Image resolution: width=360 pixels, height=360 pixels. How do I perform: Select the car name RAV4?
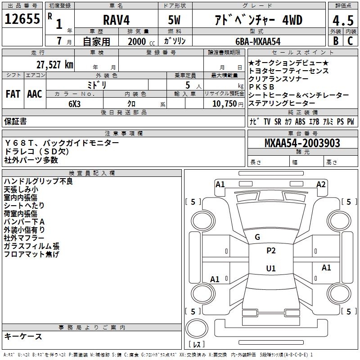(x=116, y=20)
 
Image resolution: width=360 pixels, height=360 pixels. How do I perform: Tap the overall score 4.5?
(x=342, y=21)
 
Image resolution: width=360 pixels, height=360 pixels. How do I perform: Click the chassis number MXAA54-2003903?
(x=302, y=144)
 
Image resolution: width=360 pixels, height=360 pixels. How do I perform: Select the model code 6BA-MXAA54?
(x=258, y=41)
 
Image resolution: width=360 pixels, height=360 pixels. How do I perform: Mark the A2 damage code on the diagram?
(x=321, y=184)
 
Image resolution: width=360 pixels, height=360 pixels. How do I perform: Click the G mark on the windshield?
(x=257, y=237)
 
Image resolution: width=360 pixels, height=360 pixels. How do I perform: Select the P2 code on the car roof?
(x=271, y=251)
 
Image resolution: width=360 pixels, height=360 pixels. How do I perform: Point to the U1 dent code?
(x=271, y=268)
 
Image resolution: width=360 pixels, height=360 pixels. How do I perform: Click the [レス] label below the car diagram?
(x=197, y=345)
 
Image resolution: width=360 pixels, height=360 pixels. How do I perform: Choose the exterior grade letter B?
(x=335, y=41)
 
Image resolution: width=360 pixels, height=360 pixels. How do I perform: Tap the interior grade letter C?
(x=350, y=41)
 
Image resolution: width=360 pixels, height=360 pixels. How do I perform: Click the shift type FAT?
(x=13, y=94)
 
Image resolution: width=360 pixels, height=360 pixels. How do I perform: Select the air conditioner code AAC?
(x=35, y=94)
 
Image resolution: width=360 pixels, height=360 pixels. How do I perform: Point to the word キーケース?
(x=23, y=336)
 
